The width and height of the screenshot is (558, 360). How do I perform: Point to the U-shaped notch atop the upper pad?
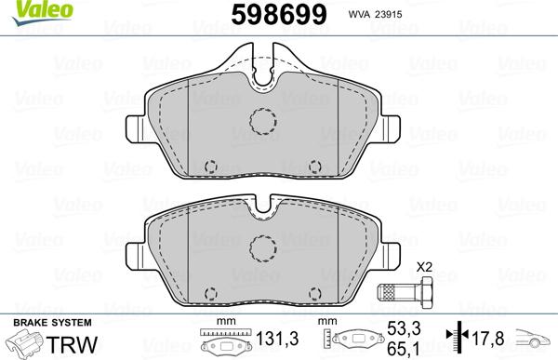coord(264,77)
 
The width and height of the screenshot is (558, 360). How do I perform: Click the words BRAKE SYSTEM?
coord(40,322)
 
